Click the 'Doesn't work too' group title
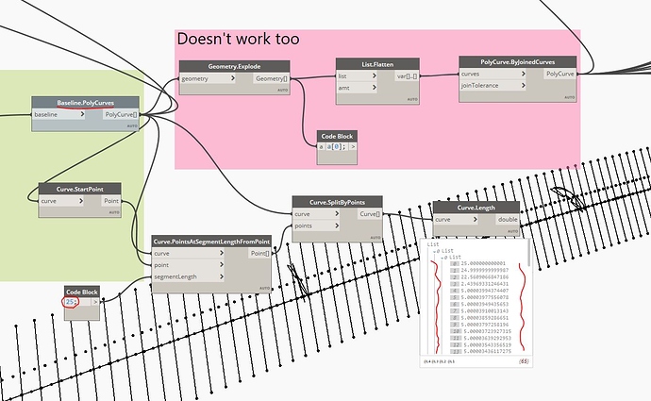pyautogui.click(x=238, y=40)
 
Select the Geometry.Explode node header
pyautogui.click(x=235, y=66)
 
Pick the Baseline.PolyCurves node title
pyautogui.click(x=85, y=102)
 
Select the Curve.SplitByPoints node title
pyautogui.click(x=336, y=201)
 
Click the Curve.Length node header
pyautogui.click(x=476, y=208)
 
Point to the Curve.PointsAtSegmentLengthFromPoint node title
pyautogui.click(x=211, y=241)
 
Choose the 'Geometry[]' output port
pyautogui.click(x=274, y=80)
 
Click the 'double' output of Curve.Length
pyautogui.click(x=508, y=220)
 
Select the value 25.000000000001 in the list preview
pyautogui.click(x=485, y=262)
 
